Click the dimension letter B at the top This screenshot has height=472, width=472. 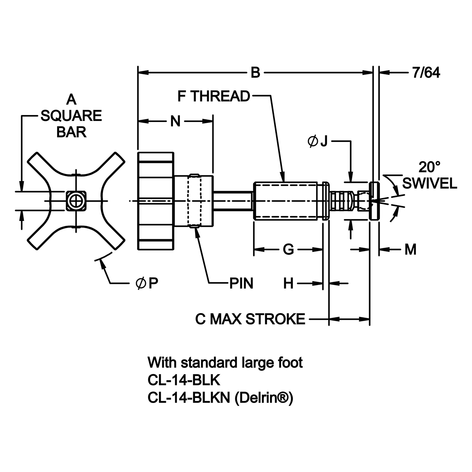pyautogui.click(x=256, y=73)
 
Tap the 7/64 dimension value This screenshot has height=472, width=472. pyautogui.click(x=426, y=73)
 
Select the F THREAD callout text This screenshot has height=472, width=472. pyautogui.click(x=214, y=96)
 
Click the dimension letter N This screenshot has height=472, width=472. pyautogui.click(x=176, y=121)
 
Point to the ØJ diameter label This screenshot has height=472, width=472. pyautogui.click(x=317, y=141)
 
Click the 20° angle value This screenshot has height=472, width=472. pyautogui.click(x=429, y=167)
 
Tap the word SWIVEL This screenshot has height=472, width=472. pyautogui.click(x=430, y=183)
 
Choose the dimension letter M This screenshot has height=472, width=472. pyautogui.click(x=410, y=250)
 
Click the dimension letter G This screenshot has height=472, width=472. pyautogui.click(x=288, y=250)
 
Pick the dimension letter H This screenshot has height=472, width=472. pyautogui.click(x=288, y=284)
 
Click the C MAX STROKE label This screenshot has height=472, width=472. pyautogui.click(x=250, y=319)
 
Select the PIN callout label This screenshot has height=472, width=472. pyautogui.click(x=241, y=284)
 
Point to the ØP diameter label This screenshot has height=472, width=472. pyautogui.click(x=147, y=284)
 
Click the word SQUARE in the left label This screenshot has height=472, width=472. pyautogui.click(x=71, y=116)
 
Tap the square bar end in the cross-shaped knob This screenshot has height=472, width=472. pyautogui.click(x=76, y=201)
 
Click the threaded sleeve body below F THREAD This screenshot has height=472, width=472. pyautogui.click(x=286, y=201)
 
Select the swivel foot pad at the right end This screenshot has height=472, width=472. pyautogui.click(x=374, y=201)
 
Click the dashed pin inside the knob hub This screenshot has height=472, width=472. pyautogui.click(x=194, y=201)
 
